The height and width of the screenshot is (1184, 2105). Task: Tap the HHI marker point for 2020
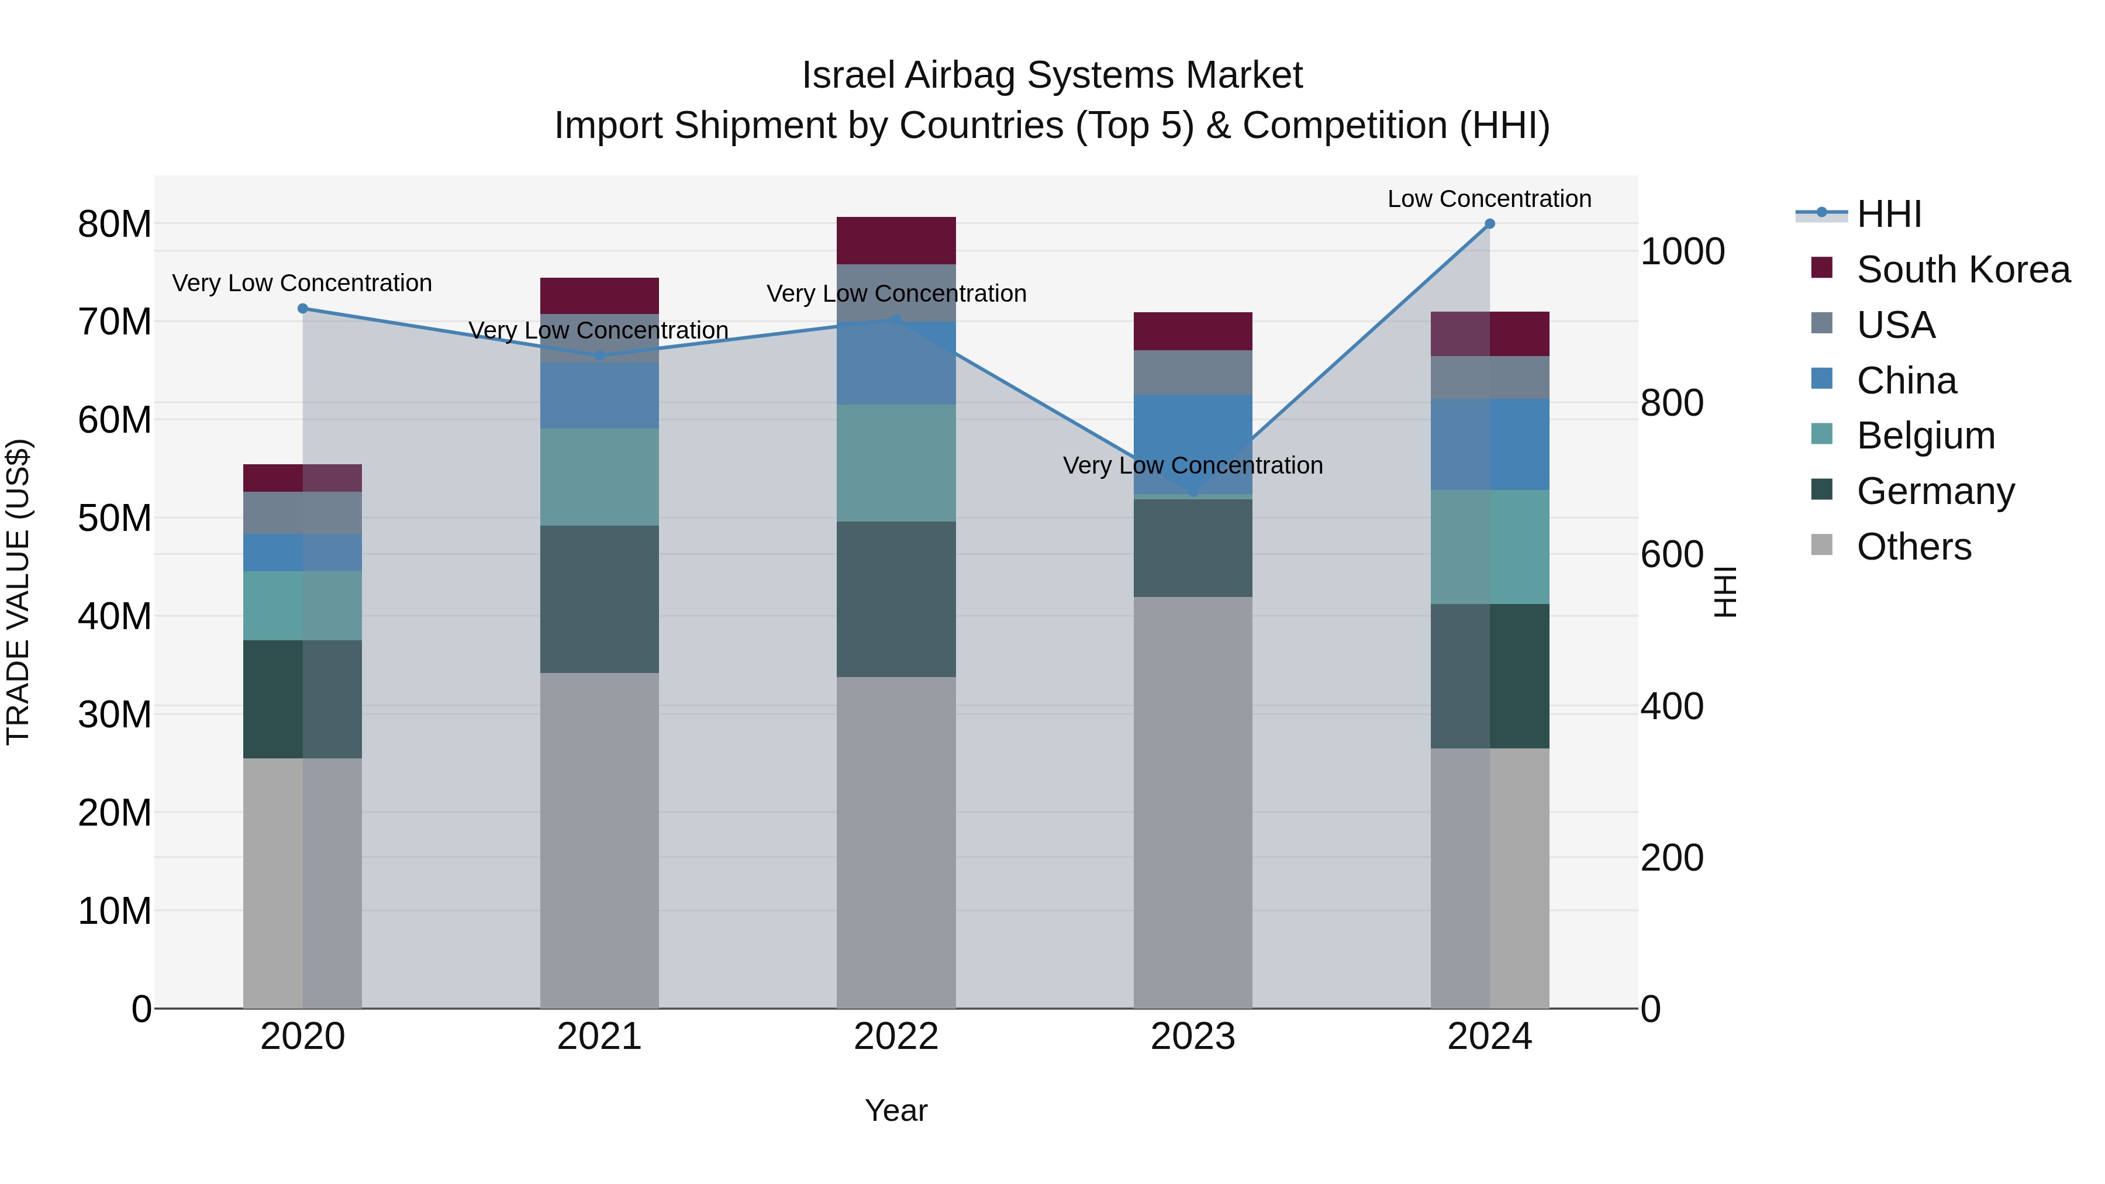302,309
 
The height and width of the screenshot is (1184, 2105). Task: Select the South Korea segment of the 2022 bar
896,240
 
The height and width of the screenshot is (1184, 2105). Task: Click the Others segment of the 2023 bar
1192,802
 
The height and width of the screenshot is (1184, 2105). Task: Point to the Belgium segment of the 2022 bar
896,463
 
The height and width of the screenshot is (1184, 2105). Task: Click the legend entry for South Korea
1963,270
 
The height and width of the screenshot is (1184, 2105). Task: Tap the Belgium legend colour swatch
1821,434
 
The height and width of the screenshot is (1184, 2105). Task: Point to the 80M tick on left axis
115,224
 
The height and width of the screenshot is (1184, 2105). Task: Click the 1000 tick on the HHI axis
1682,251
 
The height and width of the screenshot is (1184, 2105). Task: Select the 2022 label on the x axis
896,1037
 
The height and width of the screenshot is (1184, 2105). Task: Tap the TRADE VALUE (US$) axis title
18,592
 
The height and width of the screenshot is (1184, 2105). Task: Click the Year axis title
896,1110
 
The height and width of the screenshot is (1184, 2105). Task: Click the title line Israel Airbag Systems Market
1052,75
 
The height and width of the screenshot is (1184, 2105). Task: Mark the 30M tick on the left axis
115,714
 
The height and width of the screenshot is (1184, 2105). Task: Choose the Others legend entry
1913,547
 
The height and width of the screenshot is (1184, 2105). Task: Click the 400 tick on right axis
1671,706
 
